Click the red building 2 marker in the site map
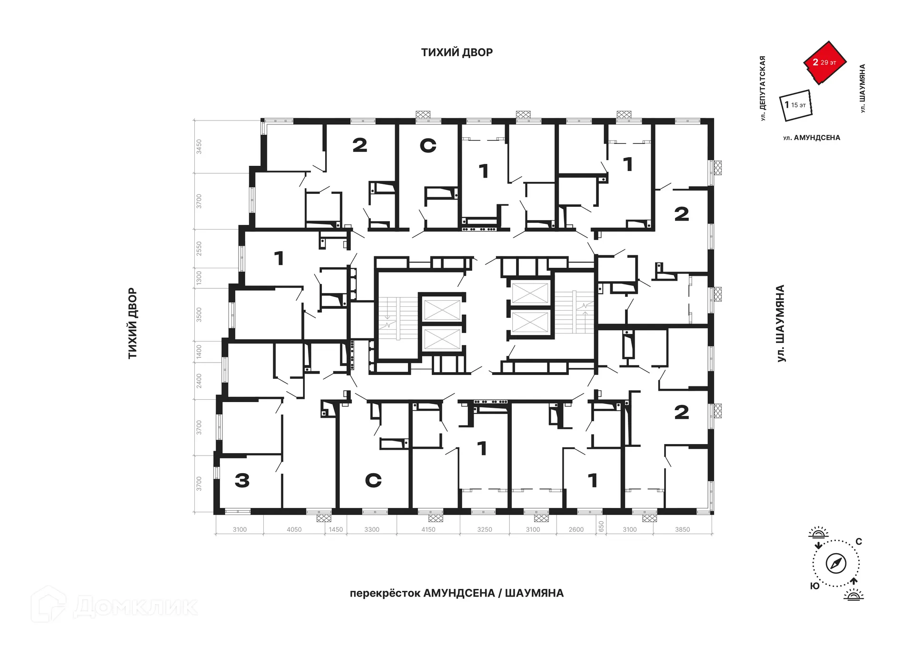(x=825, y=62)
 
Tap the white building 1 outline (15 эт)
(x=796, y=105)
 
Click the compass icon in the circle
(x=836, y=564)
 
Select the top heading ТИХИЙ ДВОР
(x=457, y=52)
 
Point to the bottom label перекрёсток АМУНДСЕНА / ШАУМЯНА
(x=457, y=593)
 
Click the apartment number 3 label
(x=242, y=480)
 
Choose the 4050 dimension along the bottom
(x=294, y=529)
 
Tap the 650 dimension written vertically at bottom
(x=601, y=526)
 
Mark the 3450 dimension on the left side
(x=199, y=146)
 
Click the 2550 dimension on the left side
(x=199, y=248)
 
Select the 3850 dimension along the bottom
(x=682, y=529)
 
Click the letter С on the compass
(x=859, y=542)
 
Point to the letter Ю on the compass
(x=815, y=586)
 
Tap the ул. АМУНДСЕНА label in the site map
(x=812, y=138)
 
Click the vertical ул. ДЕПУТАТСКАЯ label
(x=763, y=88)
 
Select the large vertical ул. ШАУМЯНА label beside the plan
(x=781, y=323)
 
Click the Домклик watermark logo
(x=114, y=605)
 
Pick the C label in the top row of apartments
(x=428, y=145)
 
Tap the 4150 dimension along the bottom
(x=428, y=529)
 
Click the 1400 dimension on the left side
(x=199, y=352)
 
